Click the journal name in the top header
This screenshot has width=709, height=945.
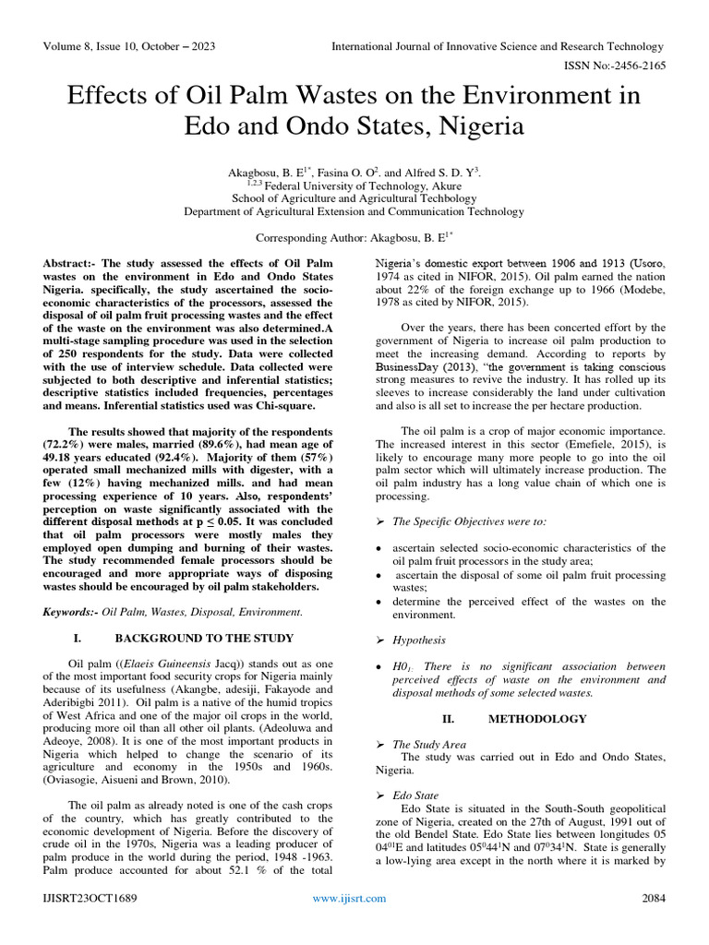(498, 46)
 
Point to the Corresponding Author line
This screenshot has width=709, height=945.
(354, 237)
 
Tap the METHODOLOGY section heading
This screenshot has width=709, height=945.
(537, 718)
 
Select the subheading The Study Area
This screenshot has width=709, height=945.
(429, 744)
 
